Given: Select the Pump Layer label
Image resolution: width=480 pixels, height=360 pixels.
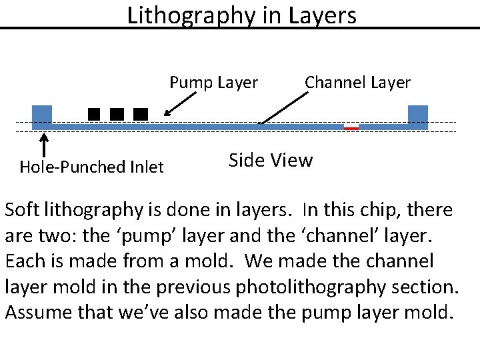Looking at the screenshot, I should pyautogui.click(x=213, y=83).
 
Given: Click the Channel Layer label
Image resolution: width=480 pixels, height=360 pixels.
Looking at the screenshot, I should pyautogui.click(x=357, y=83).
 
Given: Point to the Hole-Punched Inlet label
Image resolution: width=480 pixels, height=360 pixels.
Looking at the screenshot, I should pyautogui.click(x=91, y=167).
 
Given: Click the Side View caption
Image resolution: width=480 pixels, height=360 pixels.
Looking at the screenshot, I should pyautogui.click(x=270, y=160).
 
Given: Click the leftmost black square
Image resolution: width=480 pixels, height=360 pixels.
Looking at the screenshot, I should pyautogui.click(x=94, y=114).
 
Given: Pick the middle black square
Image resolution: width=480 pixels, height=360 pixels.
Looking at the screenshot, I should pyautogui.click(x=117, y=114).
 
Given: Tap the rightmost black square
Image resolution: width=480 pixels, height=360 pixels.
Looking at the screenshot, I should pyautogui.click(x=140, y=114).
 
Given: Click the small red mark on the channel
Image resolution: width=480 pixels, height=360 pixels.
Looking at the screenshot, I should pyautogui.click(x=351, y=127).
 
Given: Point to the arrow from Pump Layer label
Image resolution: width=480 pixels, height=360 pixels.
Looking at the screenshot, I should pyautogui.click(x=180, y=104).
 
